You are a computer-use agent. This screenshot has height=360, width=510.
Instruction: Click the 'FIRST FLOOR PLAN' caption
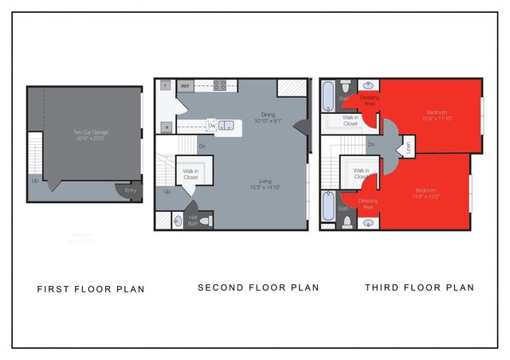point(91,289)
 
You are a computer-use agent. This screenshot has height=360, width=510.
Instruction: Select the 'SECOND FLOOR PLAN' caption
point(258,288)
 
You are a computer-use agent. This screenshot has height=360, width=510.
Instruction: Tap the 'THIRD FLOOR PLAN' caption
point(419,288)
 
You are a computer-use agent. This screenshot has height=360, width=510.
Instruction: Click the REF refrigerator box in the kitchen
point(185,85)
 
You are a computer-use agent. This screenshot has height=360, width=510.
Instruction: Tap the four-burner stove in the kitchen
point(219,84)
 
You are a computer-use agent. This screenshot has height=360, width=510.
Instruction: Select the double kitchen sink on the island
point(226,125)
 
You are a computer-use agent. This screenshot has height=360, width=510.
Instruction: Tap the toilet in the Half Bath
point(205,221)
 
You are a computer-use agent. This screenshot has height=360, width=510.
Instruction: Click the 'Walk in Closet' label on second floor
point(191,174)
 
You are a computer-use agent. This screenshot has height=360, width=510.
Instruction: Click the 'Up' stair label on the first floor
point(33,180)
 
